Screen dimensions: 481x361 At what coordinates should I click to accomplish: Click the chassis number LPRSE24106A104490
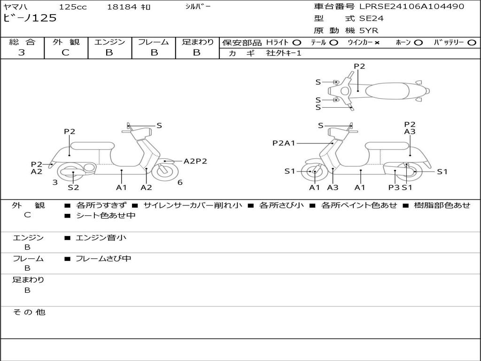click(x=411, y=6)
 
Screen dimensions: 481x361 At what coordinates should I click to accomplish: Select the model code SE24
click(x=372, y=18)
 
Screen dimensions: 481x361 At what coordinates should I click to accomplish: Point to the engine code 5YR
click(x=369, y=31)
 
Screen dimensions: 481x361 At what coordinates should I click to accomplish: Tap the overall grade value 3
click(x=22, y=53)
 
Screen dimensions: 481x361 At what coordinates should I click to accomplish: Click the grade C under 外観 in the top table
click(x=66, y=53)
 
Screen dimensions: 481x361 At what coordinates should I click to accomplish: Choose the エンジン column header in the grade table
click(x=109, y=42)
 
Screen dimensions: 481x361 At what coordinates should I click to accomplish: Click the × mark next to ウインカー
click(x=377, y=43)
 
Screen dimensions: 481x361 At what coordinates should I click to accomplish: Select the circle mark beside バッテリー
click(x=472, y=43)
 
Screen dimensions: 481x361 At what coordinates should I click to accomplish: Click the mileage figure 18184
click(x=122, y=7)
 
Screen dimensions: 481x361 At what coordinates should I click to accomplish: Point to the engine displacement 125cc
click(x=73, y=7)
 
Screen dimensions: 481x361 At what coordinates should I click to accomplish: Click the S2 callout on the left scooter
click(x=73, y=187)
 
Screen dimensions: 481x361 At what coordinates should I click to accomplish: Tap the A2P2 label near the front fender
click(x=195, y=161)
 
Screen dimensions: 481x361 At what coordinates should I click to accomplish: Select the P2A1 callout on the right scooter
click(x=284, y=143)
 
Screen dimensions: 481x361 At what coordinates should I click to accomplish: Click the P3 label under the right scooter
click(x=394, y=187)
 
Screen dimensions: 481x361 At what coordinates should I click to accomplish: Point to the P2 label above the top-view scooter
click(x=359, y=66)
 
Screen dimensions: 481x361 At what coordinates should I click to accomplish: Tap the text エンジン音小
click(x=101, y=237)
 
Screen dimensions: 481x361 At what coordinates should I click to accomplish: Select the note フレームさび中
click(x=103, y=259)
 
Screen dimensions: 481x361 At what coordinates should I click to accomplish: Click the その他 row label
click(x=29, y=312)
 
